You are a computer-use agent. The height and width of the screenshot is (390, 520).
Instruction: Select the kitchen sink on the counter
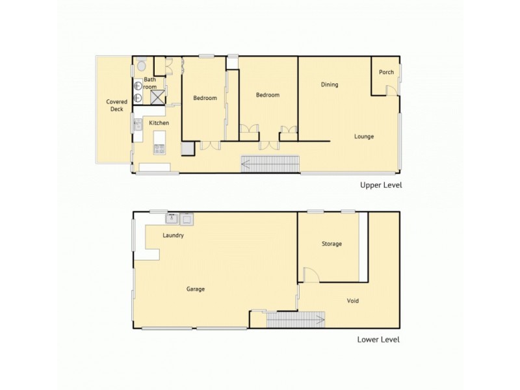tap(138, 125)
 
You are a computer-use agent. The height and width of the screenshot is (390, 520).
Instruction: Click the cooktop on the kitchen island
tap(159, 148)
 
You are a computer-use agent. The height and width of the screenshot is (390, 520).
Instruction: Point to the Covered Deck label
tap(116, 105)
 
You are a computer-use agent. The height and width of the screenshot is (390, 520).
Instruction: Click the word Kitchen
tap(159, 123)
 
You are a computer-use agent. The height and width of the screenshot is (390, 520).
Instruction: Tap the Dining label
tap(330, 84)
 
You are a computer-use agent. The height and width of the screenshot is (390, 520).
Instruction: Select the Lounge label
tap(364, 136)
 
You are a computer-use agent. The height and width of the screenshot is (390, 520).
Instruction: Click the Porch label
tap(386, 72)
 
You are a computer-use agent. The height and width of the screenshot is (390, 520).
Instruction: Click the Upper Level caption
tap(382, 185)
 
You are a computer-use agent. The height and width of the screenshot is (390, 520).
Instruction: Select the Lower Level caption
tap(378, 339)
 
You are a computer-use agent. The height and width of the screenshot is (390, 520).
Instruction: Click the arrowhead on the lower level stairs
tap(320, 319)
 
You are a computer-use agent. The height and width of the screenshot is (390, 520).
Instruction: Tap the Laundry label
tap(174, 236)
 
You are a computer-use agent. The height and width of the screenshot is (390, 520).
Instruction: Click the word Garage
tap(196, 289)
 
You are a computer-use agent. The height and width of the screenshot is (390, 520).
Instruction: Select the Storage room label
tap(331, 244)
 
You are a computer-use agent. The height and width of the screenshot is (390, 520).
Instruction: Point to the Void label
tap(353, 301)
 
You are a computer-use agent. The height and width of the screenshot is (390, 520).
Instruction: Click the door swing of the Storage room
tap(311, 276)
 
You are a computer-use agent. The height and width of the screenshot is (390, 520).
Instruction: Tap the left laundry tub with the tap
tap(172, 218)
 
